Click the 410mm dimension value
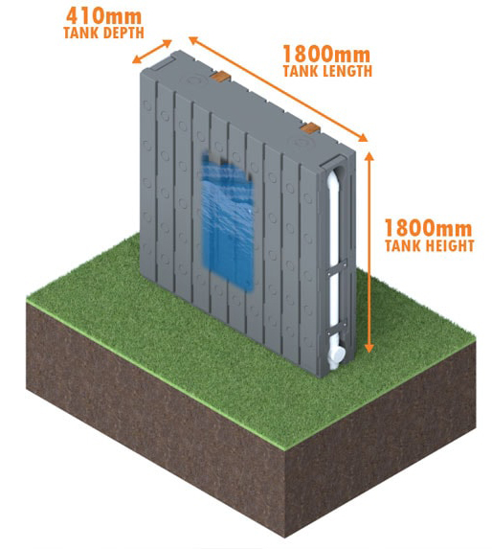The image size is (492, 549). coord(103,16)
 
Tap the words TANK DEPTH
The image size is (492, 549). coord(103,33)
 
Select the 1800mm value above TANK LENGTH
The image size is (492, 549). coord(326,55)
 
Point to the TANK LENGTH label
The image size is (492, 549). coord(327,71)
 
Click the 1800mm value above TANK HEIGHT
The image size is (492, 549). coord(429,228)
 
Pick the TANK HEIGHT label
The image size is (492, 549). coord(430,245)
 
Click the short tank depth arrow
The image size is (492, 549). coord(152,52)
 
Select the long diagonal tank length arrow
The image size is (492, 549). coord(279,89)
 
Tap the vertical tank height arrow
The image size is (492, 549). coord(369,252)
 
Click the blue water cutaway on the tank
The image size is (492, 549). coord(228,221)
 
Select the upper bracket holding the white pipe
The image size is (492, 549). coord(336,267)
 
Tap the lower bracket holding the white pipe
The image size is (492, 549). coord(336,328)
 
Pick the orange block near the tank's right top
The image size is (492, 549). coord(310,128)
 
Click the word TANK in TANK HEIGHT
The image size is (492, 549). coord(401,245)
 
